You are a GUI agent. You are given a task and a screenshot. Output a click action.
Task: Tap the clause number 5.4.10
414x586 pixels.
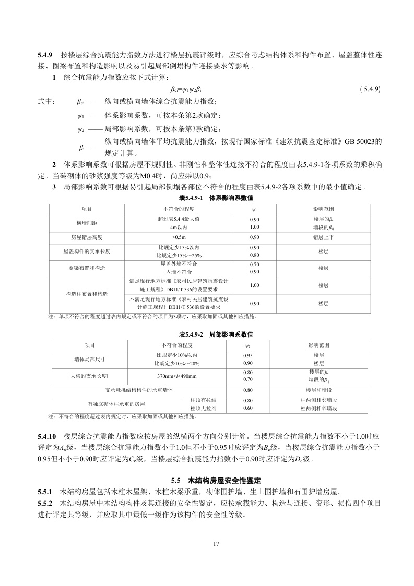46,435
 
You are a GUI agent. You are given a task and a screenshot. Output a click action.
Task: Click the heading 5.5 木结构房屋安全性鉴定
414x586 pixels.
216,480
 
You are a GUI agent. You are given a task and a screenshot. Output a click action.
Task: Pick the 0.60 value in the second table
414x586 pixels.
248,408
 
